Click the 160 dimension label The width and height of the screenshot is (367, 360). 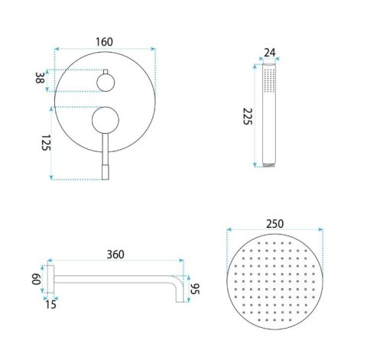(104, 42)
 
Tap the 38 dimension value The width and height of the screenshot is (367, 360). (39, 78)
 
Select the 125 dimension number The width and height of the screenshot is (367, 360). (46, 143)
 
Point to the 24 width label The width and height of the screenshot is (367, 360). (270, 53)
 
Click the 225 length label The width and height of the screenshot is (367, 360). (247, 116)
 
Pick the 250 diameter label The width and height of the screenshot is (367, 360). (275, 224)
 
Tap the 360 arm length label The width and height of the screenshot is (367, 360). (115, 255)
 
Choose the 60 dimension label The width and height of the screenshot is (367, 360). (36, 279)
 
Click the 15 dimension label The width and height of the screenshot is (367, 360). (50, 304)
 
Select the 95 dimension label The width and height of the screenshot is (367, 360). (195, 289)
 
